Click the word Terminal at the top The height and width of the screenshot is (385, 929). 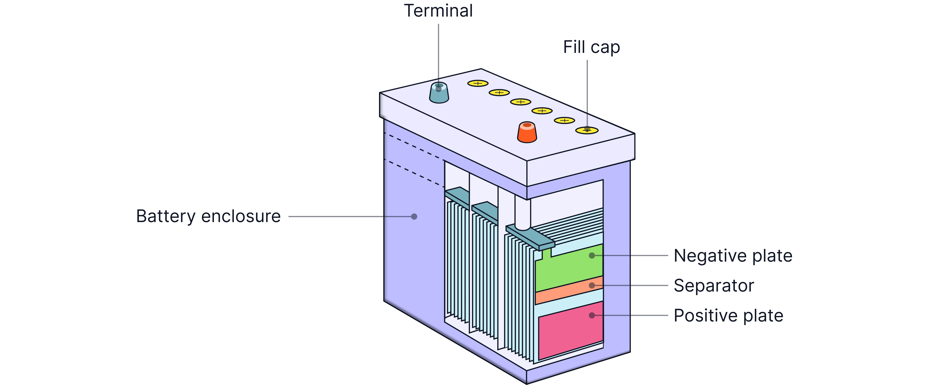(438, 11)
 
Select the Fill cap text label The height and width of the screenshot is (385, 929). (591, 47)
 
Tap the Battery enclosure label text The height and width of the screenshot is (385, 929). (208, 216)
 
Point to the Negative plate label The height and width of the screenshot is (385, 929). (733, 256)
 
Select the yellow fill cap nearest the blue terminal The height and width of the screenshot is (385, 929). (478, 83)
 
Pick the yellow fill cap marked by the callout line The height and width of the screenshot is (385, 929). (587, 130)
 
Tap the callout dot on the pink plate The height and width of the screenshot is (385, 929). (591, 315)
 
